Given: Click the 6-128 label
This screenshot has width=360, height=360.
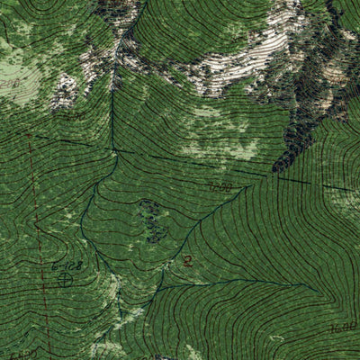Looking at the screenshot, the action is coord(67,265).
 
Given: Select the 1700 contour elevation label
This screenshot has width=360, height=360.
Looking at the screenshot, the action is coord(220,187).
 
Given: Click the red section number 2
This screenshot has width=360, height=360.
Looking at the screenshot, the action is coord(187,261).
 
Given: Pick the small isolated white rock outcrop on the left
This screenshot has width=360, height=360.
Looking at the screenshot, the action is coord(65,90).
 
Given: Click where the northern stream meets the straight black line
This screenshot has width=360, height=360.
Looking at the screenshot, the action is coord(113,148).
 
